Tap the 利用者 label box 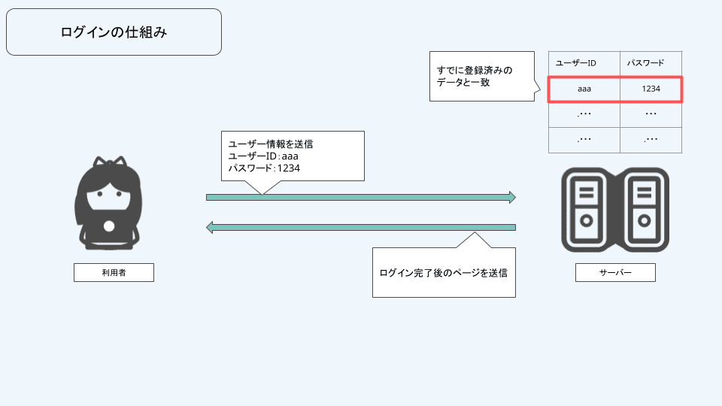point(114,272)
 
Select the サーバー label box point(614,272)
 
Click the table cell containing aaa point(584,89)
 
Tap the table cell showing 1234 point(651,89)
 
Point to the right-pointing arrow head point(511,197)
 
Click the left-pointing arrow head point(211,227)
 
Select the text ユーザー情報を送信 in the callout point(271,144)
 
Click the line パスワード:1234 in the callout point(264,168)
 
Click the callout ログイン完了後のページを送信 point(444,272)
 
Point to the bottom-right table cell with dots point(651,140)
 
